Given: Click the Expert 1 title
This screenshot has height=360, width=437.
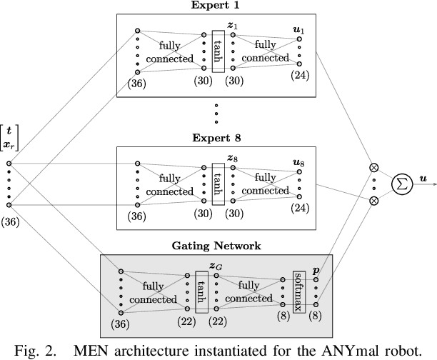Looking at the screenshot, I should click(x=216, y=6).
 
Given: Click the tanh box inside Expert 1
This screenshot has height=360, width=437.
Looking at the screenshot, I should click(x=218, y=51).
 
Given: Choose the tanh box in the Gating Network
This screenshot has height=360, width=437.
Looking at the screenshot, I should click(x=201, y=292).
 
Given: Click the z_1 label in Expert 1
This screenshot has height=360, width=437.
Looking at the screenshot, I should click(x=233, y=25).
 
